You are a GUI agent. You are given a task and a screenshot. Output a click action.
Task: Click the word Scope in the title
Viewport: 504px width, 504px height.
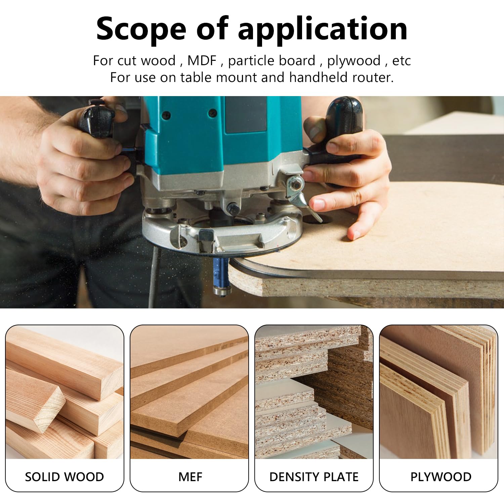141,29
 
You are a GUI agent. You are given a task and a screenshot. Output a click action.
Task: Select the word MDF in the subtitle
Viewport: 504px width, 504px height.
202,61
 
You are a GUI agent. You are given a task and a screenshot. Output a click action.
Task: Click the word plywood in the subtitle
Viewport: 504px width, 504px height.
353,61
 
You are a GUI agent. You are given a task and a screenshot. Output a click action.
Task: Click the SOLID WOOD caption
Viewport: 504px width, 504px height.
65,477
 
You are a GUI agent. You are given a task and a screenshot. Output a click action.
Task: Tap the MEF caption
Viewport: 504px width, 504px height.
190,477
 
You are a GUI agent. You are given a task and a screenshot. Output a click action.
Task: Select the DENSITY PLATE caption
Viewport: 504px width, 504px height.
314,477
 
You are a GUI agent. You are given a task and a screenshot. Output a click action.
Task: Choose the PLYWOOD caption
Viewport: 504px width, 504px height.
440,477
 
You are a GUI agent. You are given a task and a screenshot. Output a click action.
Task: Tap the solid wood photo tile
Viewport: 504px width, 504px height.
65,392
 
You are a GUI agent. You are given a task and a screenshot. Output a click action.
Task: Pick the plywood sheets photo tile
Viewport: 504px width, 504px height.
438,392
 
